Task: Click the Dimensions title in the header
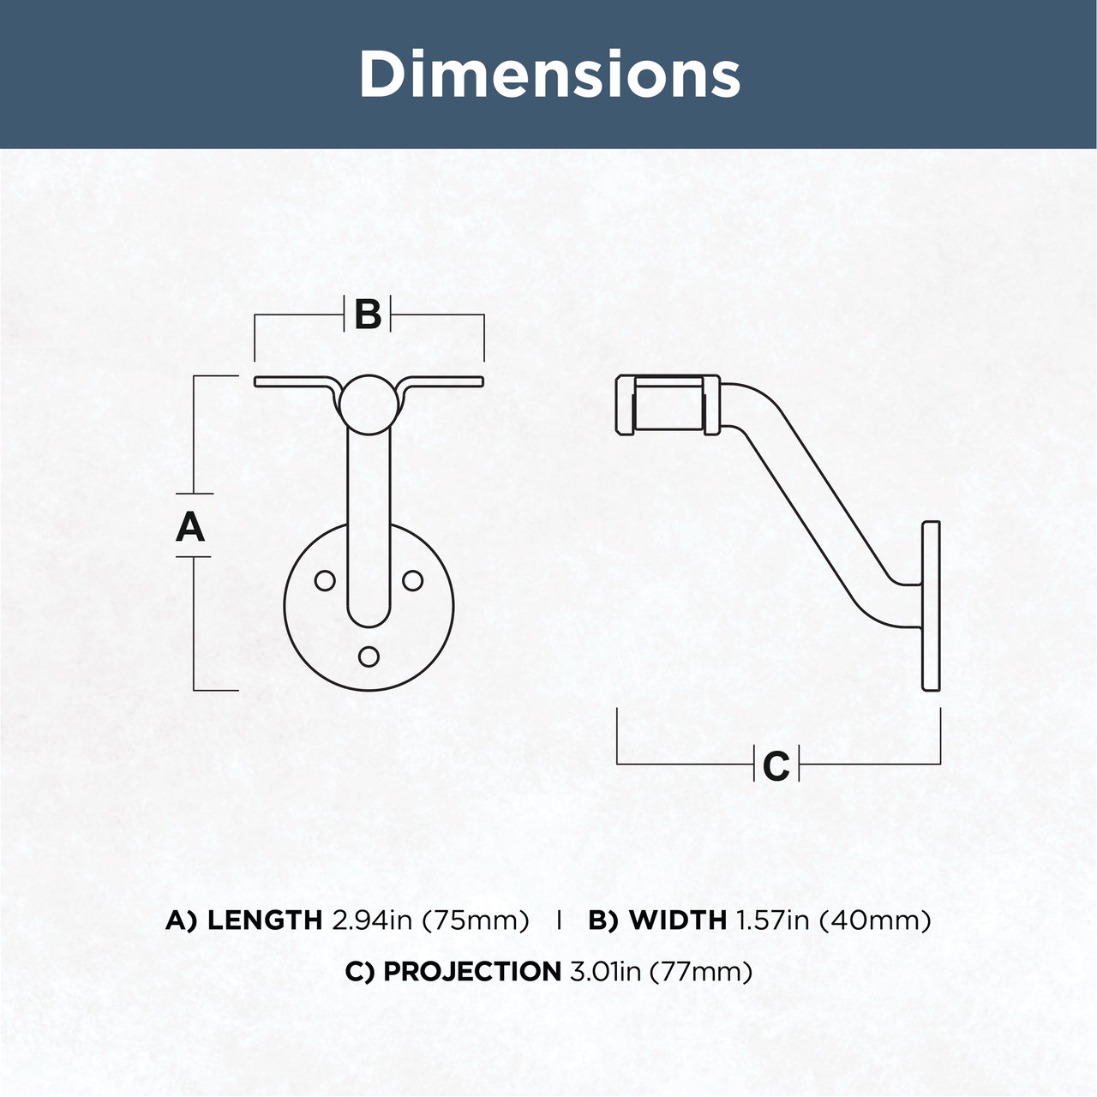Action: click(x=549, y=74)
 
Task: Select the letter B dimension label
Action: click(x=368, y=315)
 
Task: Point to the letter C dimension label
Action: click(x=776, y=766)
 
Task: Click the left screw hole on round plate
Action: click(x=325, y=581)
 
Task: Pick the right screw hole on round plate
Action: click(x=413, y=581)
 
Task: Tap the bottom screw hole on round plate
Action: click(x=369, y=656)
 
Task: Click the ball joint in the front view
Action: click(x=368, y=405)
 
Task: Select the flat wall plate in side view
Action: click(x=931, y=606)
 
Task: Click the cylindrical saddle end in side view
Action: click(x=668, y=405)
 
